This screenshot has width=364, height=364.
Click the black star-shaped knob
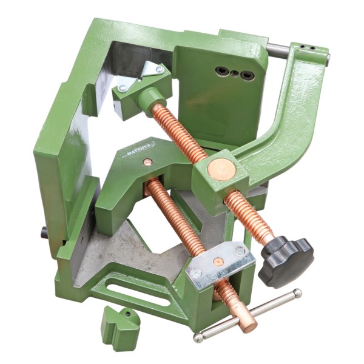point(286,258)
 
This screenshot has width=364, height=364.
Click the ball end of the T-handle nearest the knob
point(297,293)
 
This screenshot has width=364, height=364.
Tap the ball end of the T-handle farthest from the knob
point(198,337)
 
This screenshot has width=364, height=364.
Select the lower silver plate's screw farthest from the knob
point(195,274)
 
